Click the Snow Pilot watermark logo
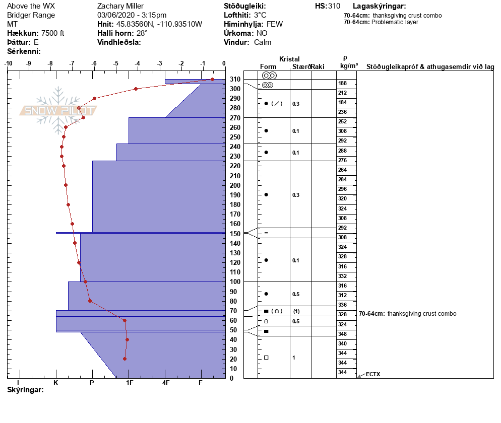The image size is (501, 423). (58, 110)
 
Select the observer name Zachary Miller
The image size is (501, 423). (120, 6)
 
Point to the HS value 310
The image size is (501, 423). (334, 6)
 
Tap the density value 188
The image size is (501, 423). (343, 83)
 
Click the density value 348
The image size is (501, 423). (343, 334)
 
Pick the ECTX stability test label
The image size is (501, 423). (373, 374)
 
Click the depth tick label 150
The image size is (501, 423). (235, 234)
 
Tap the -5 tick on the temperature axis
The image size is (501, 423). (115, 63)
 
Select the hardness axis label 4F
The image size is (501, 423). (165, 383)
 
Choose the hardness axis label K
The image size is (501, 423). (56, 383)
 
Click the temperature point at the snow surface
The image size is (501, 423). (212, 79)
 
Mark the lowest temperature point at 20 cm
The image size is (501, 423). (124, 359)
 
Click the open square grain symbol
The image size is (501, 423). (266, 358)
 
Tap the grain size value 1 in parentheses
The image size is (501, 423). (296, 311)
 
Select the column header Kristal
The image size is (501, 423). (289, 59)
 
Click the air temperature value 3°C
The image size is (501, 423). (260, 15)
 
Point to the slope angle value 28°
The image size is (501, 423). (142, 33)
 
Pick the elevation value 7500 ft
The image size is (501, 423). (53, 33)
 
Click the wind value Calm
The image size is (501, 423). (263, 42)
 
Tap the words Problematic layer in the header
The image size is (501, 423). (395, 22)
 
